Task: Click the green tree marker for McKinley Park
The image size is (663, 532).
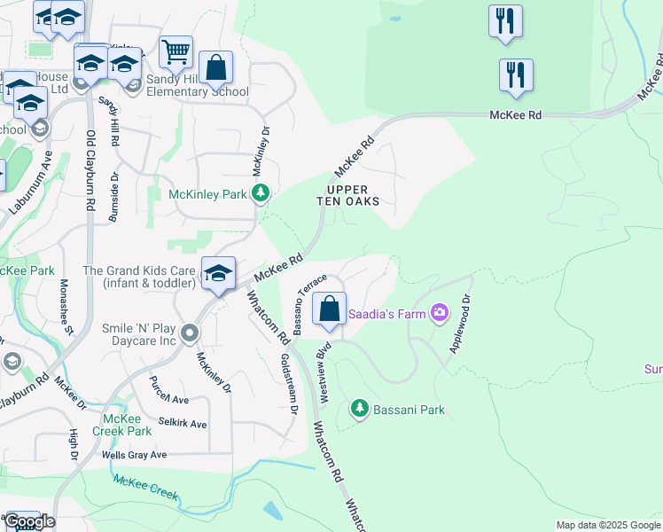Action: tap(260, 193)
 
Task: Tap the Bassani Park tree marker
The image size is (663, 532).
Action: tap(359, 409)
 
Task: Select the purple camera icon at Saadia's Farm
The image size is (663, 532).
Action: tap(439, 313)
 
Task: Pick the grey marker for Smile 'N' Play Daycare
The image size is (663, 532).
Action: tap(189, 334)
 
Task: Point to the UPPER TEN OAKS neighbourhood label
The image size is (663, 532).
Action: tap(348, 195)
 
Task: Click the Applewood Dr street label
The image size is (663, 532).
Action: tap(459, 325)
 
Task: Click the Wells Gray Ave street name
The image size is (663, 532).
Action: tap(134, 455)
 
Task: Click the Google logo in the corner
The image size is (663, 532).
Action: tap(29, 521)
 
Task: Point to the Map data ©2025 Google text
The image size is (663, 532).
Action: tap(607, 525)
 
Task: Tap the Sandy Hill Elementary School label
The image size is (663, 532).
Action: tap(197, 85)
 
